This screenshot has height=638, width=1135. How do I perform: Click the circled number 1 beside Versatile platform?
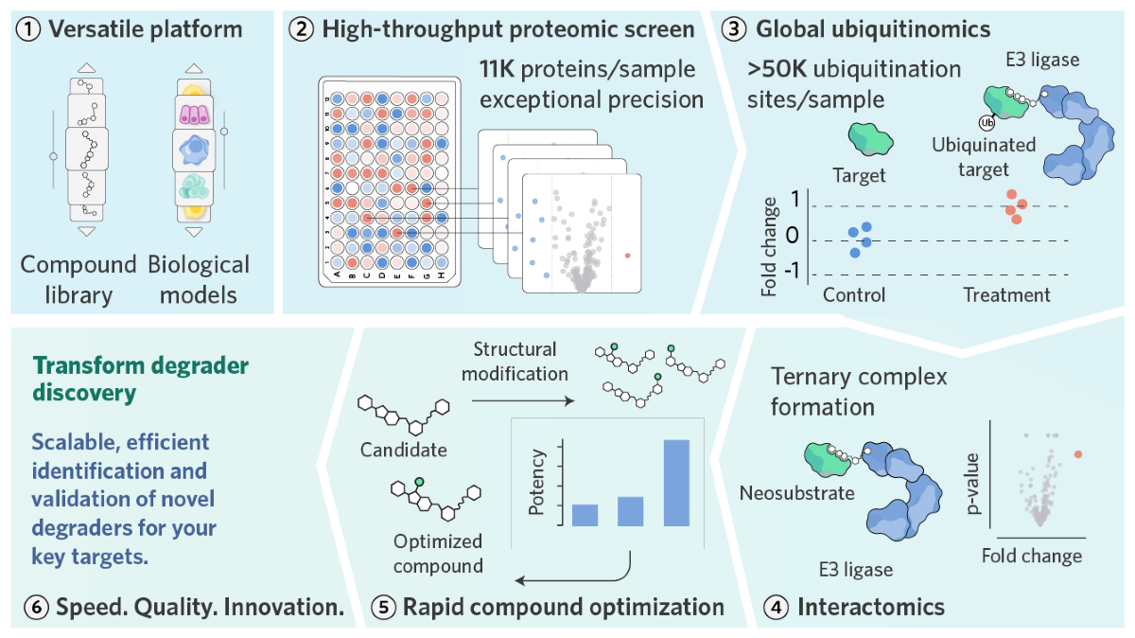coord(29,29)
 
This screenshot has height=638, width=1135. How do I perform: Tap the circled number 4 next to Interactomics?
coord(776,607)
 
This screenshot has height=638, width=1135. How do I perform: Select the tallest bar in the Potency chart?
coord(676,482)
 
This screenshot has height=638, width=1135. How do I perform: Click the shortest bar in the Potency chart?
coord(585,514)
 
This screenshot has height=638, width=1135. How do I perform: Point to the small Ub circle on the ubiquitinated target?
coord(986,121)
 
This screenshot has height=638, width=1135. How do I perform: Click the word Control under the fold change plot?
coord(854,294)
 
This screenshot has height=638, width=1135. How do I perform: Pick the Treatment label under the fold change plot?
coord(1006,294)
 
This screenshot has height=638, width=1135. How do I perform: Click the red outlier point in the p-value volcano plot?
coord(1078,455)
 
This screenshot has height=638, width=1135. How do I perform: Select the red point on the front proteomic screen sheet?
coord(628,255)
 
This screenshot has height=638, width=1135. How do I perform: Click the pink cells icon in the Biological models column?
coord(193,114)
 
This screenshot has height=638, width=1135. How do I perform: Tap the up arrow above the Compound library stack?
coord(86,68)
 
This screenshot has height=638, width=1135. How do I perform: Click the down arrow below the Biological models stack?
coord(194,231)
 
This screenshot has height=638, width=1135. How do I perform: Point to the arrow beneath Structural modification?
coord(523,400)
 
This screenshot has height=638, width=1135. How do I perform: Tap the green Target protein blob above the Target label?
coord(870,138)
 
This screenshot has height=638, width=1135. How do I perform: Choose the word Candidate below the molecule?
coord(403,449)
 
